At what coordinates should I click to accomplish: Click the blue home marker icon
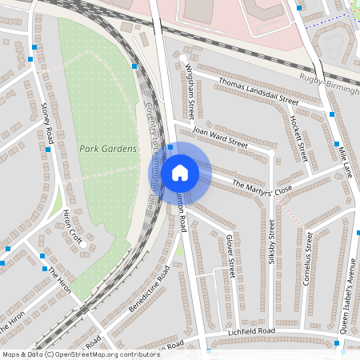click(180, 172)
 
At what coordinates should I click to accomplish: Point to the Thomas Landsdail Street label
click(258, 92)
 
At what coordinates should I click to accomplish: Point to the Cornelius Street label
click(309, 257)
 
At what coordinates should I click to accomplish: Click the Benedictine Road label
click(149, 290)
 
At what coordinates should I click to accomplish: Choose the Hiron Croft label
click(73, 227)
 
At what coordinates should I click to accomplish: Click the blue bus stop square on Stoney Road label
click(49, 149)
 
